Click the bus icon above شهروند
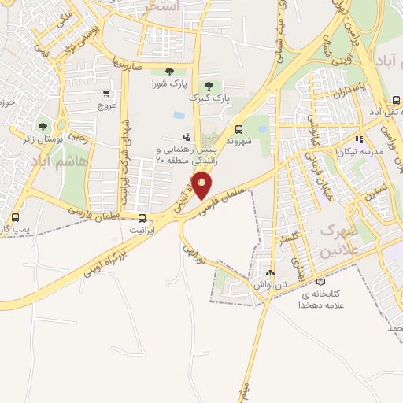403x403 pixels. (x=238, y=129)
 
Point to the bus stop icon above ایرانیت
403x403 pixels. (x=142, y=218)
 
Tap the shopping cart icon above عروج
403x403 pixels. (x=107, y=93)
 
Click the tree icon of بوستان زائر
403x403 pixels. (x=43, y=125)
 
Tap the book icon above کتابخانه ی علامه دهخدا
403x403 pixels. (x=320, y=281)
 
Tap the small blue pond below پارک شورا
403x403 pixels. (x=179, y=116)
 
